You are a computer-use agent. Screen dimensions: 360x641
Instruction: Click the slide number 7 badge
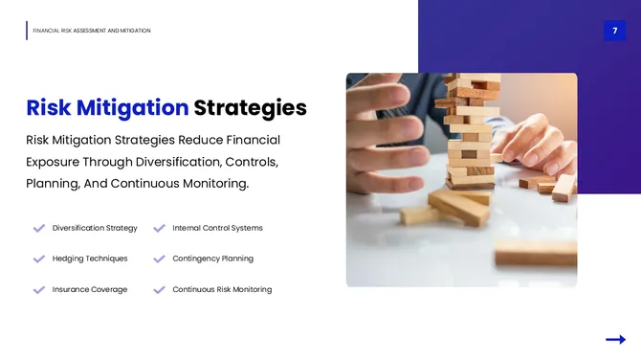click(614, 31)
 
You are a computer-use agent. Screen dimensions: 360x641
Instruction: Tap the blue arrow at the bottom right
click(615, 339)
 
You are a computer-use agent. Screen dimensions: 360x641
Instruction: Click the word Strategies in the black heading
click(250, 107)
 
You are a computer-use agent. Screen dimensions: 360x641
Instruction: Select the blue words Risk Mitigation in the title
click(107, 107)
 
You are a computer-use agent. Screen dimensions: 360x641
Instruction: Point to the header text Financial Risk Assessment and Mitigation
click(92, 31)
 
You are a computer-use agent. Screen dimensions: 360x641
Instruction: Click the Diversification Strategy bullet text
click(95, 228)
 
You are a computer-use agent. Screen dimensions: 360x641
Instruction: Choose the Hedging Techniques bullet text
click(90, 259)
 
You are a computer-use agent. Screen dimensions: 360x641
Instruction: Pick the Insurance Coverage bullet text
click(90, 289)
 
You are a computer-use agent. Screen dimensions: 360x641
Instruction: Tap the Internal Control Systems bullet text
click(217, 228)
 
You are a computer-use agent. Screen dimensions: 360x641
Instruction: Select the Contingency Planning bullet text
click(212, 259)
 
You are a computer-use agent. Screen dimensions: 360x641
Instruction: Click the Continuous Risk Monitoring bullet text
click(222, 289)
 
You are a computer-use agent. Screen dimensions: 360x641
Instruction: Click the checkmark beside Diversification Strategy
click(39, 228)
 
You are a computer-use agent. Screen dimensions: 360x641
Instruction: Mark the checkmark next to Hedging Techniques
click(39, 259)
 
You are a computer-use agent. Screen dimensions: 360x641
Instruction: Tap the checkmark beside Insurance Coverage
click(39, 289)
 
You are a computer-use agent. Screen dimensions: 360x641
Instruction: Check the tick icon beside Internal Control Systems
click(159, 228)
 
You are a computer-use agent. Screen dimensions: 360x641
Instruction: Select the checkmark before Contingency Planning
click(159, 259)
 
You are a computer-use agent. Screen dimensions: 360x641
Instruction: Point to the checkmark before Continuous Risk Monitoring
click(159, 289)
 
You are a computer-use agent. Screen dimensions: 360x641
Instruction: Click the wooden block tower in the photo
click(471, 134)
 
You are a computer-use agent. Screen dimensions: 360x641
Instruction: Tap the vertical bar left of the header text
click(27, 31)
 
